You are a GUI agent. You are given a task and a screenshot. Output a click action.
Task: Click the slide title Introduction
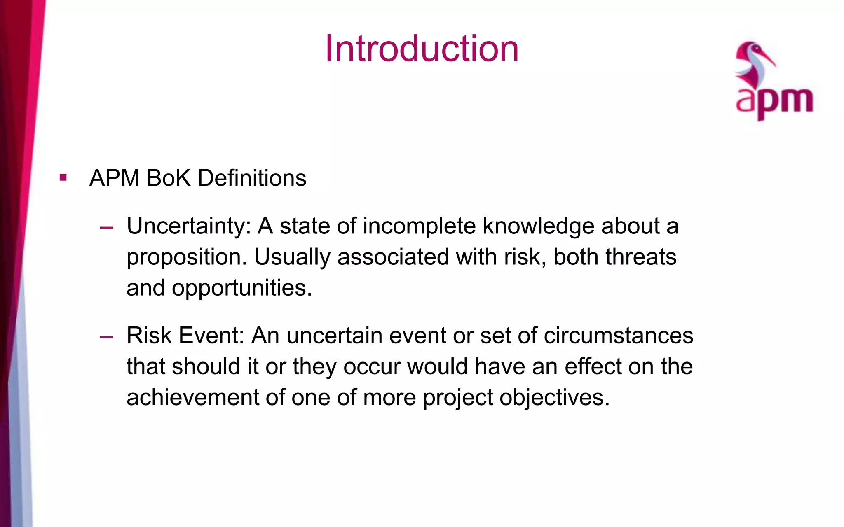(422, 49)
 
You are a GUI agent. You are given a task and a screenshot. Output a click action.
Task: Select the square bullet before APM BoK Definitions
(63, 178)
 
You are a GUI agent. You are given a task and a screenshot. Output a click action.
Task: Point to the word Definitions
(252, 178)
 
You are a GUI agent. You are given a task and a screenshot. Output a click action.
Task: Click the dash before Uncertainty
(106, 227)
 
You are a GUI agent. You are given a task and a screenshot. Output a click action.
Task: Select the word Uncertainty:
(189, 226)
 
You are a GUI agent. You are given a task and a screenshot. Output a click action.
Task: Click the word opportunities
(242, 288)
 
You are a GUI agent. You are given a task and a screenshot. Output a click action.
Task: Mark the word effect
(593, 366)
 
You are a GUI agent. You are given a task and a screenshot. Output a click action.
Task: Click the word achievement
(192, 397)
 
